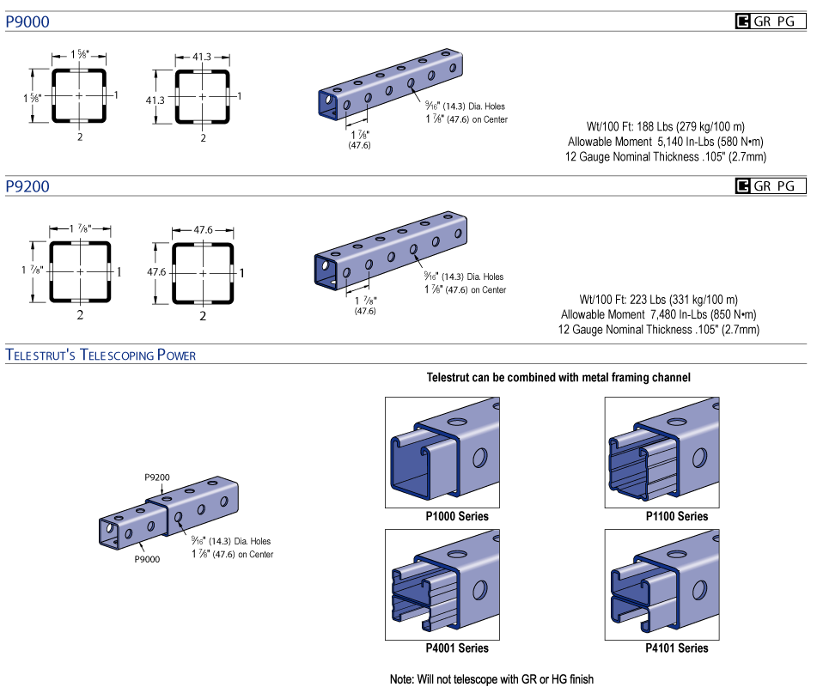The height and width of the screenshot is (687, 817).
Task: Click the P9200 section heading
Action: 27,186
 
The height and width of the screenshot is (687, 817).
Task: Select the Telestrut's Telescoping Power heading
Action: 101,355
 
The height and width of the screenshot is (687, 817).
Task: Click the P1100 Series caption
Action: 677,516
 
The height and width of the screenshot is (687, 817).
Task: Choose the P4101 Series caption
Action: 677,647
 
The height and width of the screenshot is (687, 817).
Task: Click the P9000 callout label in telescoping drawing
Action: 149,558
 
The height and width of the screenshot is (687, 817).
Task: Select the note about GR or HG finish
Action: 491,678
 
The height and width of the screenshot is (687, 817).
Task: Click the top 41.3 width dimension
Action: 202,57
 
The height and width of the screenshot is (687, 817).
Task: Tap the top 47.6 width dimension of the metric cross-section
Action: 202,230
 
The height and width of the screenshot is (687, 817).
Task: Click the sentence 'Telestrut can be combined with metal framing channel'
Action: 558,377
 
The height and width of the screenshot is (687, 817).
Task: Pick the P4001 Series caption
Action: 457,647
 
